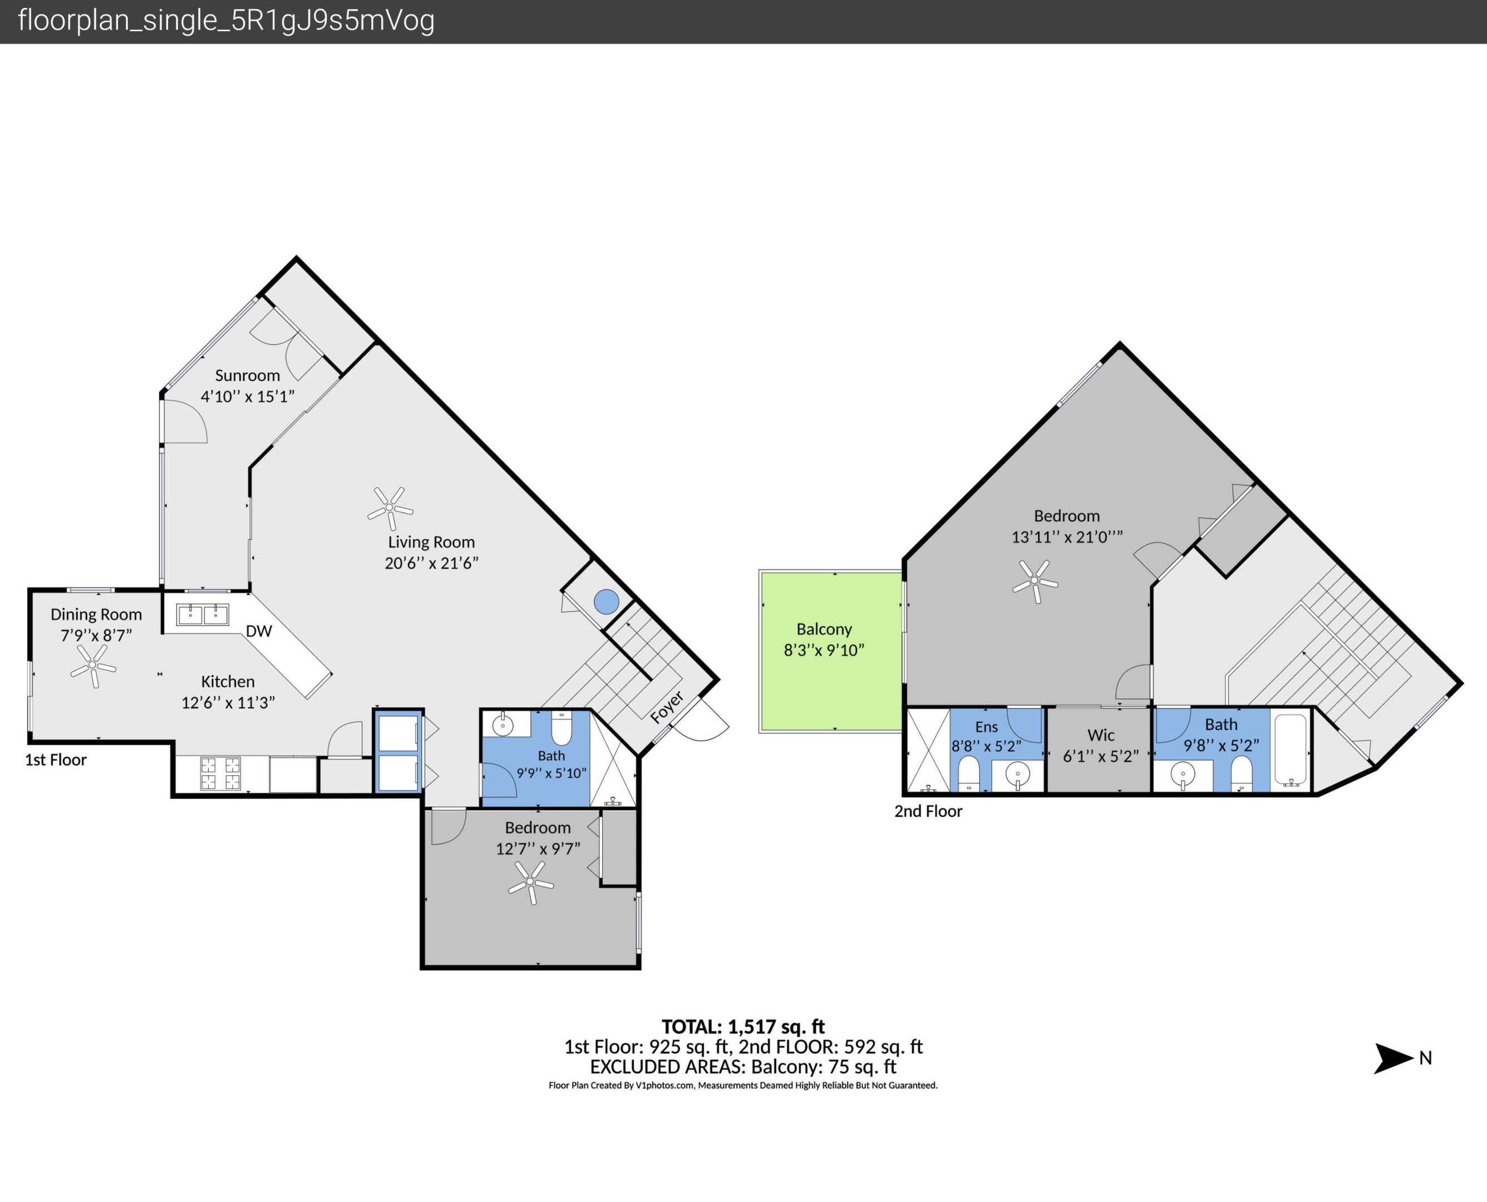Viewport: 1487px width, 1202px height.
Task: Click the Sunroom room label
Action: tap(247, 375)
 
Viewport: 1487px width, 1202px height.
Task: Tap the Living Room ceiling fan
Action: tap(391, 508)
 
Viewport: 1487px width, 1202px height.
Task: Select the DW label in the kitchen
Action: tap(259, 631)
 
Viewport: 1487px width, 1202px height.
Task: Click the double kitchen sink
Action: tap(203, 614)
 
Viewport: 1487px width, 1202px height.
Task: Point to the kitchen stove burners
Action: tap(220, 774)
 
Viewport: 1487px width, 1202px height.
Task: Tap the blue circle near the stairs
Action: tap(607, 602)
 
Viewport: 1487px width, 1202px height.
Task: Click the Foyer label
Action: tap(667, 707)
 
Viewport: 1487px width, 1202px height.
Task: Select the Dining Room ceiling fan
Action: tap(93, 666)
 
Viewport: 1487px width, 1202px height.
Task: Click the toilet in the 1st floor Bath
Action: tap(562, 728)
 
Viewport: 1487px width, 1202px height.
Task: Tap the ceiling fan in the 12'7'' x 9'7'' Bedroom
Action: tap(531, 882)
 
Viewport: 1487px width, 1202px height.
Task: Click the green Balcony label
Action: tap(824, 629)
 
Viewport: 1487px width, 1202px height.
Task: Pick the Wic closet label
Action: tap(1101, 735)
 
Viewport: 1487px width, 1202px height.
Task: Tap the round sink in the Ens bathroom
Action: tap(1018, 775)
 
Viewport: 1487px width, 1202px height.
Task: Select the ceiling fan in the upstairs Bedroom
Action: tap(1036, 581)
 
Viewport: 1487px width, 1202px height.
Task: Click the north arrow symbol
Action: tap(1393, 1058)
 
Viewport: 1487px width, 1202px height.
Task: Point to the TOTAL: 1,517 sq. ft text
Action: tap(743, 1026)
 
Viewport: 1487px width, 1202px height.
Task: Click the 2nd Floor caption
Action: tap(928, 811)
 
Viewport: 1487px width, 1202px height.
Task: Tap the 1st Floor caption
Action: tap(56, 760)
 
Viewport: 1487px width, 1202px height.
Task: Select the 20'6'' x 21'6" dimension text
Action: tap(431, 563)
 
